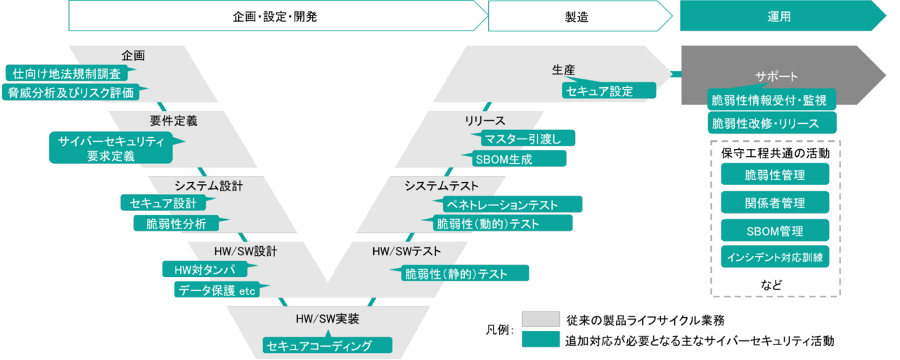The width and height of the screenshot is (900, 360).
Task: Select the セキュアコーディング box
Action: pos(328,345)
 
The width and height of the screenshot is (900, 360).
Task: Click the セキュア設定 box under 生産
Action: pos(609,91)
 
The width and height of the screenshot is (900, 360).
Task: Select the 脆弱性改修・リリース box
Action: pos(772,123)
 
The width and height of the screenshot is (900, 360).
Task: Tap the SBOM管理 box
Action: pos(775,231)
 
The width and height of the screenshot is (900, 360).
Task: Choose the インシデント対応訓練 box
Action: pos(775,257)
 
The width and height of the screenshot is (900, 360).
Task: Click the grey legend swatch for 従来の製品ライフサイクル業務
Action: pos(541,319)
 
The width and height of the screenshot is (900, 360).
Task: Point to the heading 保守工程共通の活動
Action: pos(775,153)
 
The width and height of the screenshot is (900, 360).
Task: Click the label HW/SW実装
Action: pos(328,319)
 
